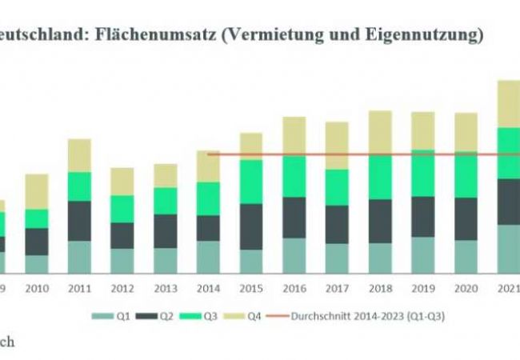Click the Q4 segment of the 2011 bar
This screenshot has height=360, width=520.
click(79, 155)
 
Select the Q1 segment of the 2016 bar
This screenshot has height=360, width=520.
click(294, 255)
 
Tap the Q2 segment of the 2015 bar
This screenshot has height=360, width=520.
click(251, 226)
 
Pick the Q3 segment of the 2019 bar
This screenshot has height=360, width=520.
click(423, 173)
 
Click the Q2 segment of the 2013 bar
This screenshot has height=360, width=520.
click(165, 230)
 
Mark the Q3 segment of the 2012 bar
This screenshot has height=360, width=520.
click(122, 209)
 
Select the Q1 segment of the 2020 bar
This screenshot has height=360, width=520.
click(466, 256)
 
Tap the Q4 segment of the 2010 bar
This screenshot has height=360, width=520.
click(36, 191)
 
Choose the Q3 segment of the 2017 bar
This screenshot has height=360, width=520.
click(337, 187)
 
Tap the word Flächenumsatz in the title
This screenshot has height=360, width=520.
click(139, 34)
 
